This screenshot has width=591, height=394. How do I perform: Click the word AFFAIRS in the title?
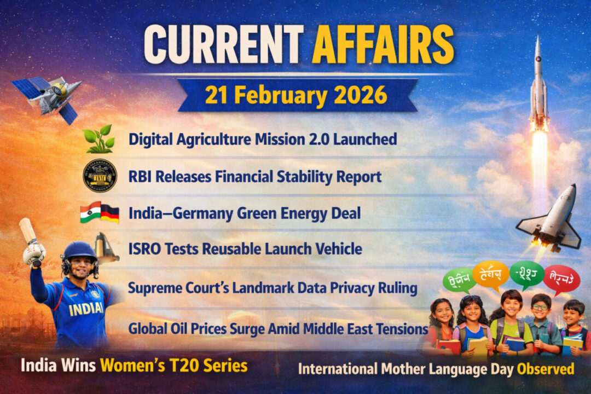383,45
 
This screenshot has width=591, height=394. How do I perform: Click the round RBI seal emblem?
100,176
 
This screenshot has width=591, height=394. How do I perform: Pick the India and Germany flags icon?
99,212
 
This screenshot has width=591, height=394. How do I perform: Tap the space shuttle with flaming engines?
550,219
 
